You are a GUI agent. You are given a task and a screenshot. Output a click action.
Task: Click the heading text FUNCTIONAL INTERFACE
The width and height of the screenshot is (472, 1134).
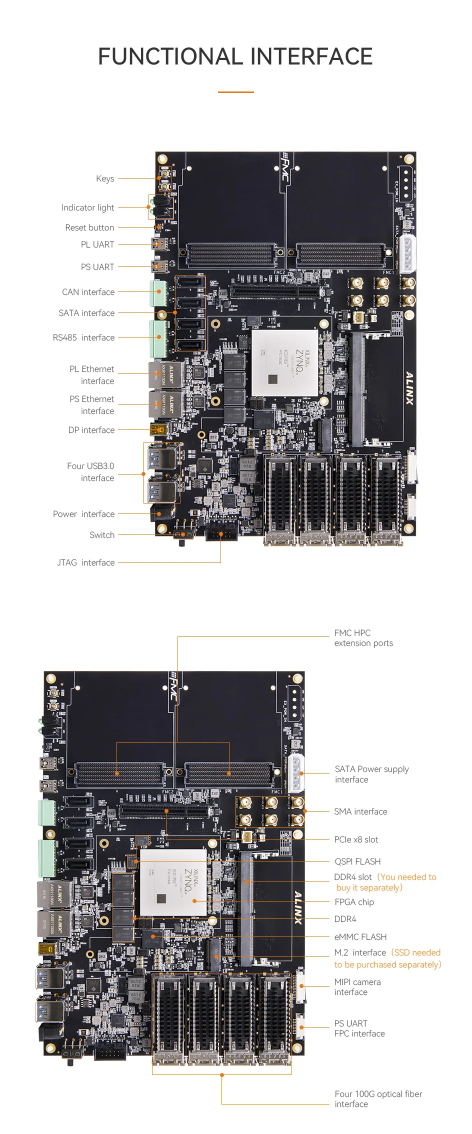coord(235,56)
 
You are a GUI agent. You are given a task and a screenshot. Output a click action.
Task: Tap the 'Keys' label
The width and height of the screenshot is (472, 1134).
coord(105,178)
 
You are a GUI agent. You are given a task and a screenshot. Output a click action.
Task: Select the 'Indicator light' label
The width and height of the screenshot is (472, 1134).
coord(87,207)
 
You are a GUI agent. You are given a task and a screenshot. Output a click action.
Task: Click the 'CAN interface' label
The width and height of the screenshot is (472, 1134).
coord(88,292)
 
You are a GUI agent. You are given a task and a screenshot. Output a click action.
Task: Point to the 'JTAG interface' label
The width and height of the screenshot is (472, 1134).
coord(85,562)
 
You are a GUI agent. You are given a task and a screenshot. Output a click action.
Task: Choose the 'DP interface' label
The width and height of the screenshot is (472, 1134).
coord(91,430)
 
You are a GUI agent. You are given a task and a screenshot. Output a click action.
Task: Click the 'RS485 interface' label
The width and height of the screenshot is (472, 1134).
coord(83,337)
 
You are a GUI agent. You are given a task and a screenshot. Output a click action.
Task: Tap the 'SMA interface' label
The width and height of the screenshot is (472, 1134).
coord(360,811)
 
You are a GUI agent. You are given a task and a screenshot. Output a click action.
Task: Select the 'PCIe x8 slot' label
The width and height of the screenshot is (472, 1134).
coord(356,839)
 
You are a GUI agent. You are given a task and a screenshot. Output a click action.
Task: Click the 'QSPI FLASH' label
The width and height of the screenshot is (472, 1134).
coord(357,861)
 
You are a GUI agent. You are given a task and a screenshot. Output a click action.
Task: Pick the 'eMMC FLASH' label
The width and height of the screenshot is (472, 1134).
coord(360,937)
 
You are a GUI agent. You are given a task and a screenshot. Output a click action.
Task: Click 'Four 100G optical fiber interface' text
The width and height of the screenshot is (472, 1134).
coord(378,1099)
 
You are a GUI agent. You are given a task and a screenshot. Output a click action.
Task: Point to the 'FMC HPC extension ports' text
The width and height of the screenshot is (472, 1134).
coord(363,638)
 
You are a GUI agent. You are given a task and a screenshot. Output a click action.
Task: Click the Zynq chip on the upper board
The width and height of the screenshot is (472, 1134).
coord(284,363)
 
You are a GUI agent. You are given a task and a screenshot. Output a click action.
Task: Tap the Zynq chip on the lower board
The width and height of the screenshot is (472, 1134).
coord(173,882)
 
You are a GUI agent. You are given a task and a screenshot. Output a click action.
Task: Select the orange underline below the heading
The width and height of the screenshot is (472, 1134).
coord(235,92)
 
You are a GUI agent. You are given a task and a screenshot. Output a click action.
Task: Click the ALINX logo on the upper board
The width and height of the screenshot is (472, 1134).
coord(409,387)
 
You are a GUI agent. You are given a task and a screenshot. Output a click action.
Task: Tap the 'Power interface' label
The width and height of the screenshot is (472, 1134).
coord(83,514)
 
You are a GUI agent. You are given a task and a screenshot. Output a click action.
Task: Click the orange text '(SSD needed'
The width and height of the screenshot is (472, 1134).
coord(416,952)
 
